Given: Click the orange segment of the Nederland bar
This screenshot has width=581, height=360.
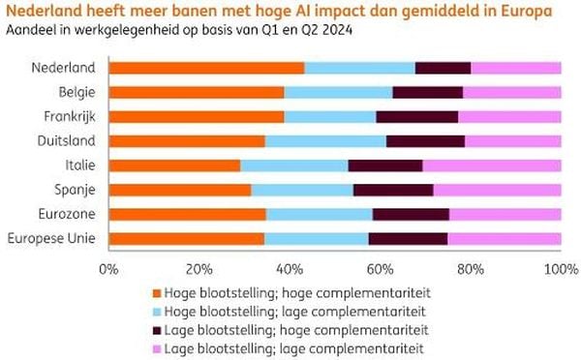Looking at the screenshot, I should [206, 68].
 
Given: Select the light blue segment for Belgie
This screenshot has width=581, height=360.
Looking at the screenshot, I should [338, 92].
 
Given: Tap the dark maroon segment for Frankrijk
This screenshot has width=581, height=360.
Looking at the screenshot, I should [417, 116].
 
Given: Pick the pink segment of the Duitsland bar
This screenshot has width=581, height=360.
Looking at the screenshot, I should [512, 141].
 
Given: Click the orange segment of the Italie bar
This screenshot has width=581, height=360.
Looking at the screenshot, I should [174, 165].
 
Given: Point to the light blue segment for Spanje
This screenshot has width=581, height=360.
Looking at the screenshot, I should [302, 190].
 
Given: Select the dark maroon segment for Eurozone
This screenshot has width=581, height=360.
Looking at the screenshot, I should [411, 214].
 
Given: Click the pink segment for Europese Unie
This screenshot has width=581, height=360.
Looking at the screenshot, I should [504, 238].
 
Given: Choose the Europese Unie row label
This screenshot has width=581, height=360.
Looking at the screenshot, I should [51, 238].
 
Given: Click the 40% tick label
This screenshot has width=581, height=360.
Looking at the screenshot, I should [290, 267].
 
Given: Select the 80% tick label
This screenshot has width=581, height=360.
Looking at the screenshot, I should [471, 267].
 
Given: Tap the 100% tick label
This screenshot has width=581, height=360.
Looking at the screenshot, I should [560, 267].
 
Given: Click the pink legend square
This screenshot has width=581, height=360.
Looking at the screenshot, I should [156, 346].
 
